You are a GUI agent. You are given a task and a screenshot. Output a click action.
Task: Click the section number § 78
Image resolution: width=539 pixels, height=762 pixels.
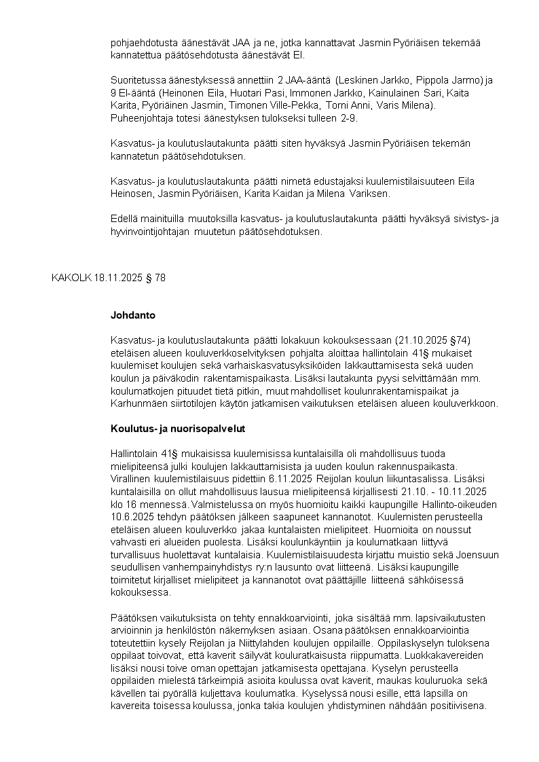click(155, 278)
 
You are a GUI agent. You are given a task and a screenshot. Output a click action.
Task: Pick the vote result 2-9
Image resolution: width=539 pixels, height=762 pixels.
click(347, 118)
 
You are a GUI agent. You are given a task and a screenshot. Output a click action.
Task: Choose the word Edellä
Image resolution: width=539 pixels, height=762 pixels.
click(124, 219)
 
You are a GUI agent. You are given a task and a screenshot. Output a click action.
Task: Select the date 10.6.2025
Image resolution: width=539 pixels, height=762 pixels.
click(130, 515)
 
